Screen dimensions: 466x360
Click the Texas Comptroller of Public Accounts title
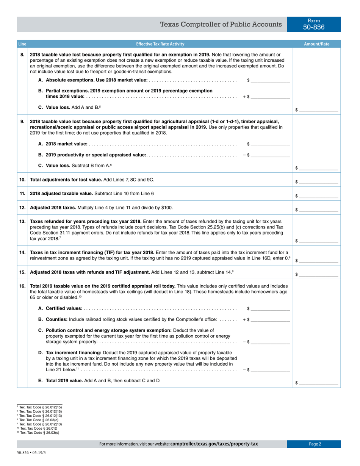221,25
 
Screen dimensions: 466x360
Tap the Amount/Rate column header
317,44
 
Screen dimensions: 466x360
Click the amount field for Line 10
318,182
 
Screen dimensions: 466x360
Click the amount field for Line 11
318,196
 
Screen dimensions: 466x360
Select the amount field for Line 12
318,210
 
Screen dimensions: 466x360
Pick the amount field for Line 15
318,274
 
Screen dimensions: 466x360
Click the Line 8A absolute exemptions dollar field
270,80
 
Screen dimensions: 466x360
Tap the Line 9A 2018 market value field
270,144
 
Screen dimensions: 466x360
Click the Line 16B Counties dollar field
270,320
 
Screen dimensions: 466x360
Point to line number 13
22,221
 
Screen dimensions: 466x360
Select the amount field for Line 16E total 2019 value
318,383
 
